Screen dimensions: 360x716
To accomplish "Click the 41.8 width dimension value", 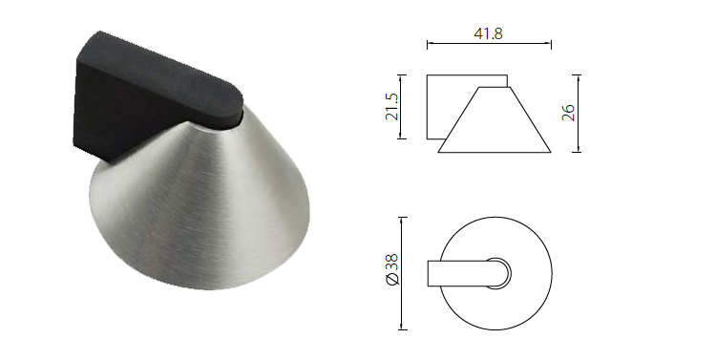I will pyautogui.click(x=488, y=32).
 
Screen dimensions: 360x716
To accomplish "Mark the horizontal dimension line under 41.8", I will pyautogui.click(x=488, y=44).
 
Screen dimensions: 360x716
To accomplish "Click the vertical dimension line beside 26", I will pyautogui.click(x=579, y=113).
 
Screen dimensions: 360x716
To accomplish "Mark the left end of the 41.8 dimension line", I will pyautogui.click(x=427, y=44).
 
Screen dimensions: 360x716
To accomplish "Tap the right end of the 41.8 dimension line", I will pyautogui.click(x=551, y=44).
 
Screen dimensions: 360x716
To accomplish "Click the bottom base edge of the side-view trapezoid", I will pyautogui.click(x=495, y=152).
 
